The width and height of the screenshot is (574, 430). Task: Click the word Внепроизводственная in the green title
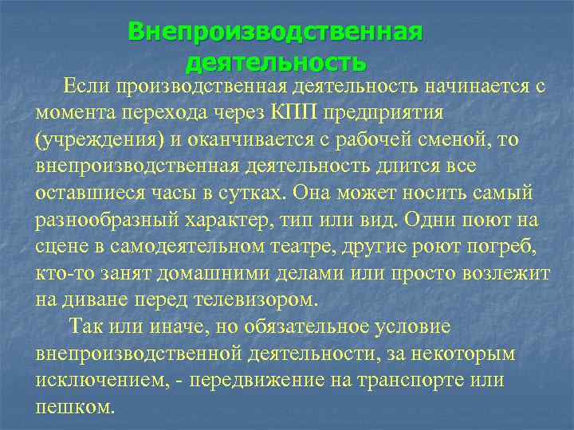(x=275, y=32)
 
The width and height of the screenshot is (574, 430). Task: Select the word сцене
(x=60, y=248)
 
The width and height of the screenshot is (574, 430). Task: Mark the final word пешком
(x=75, y=408)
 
